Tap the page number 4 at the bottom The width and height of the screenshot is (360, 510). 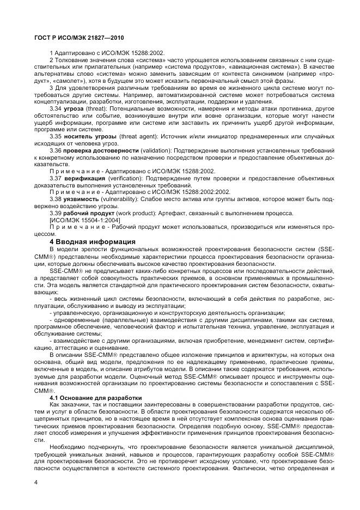[35, 482]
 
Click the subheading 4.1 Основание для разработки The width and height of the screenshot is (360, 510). [95, 397]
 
